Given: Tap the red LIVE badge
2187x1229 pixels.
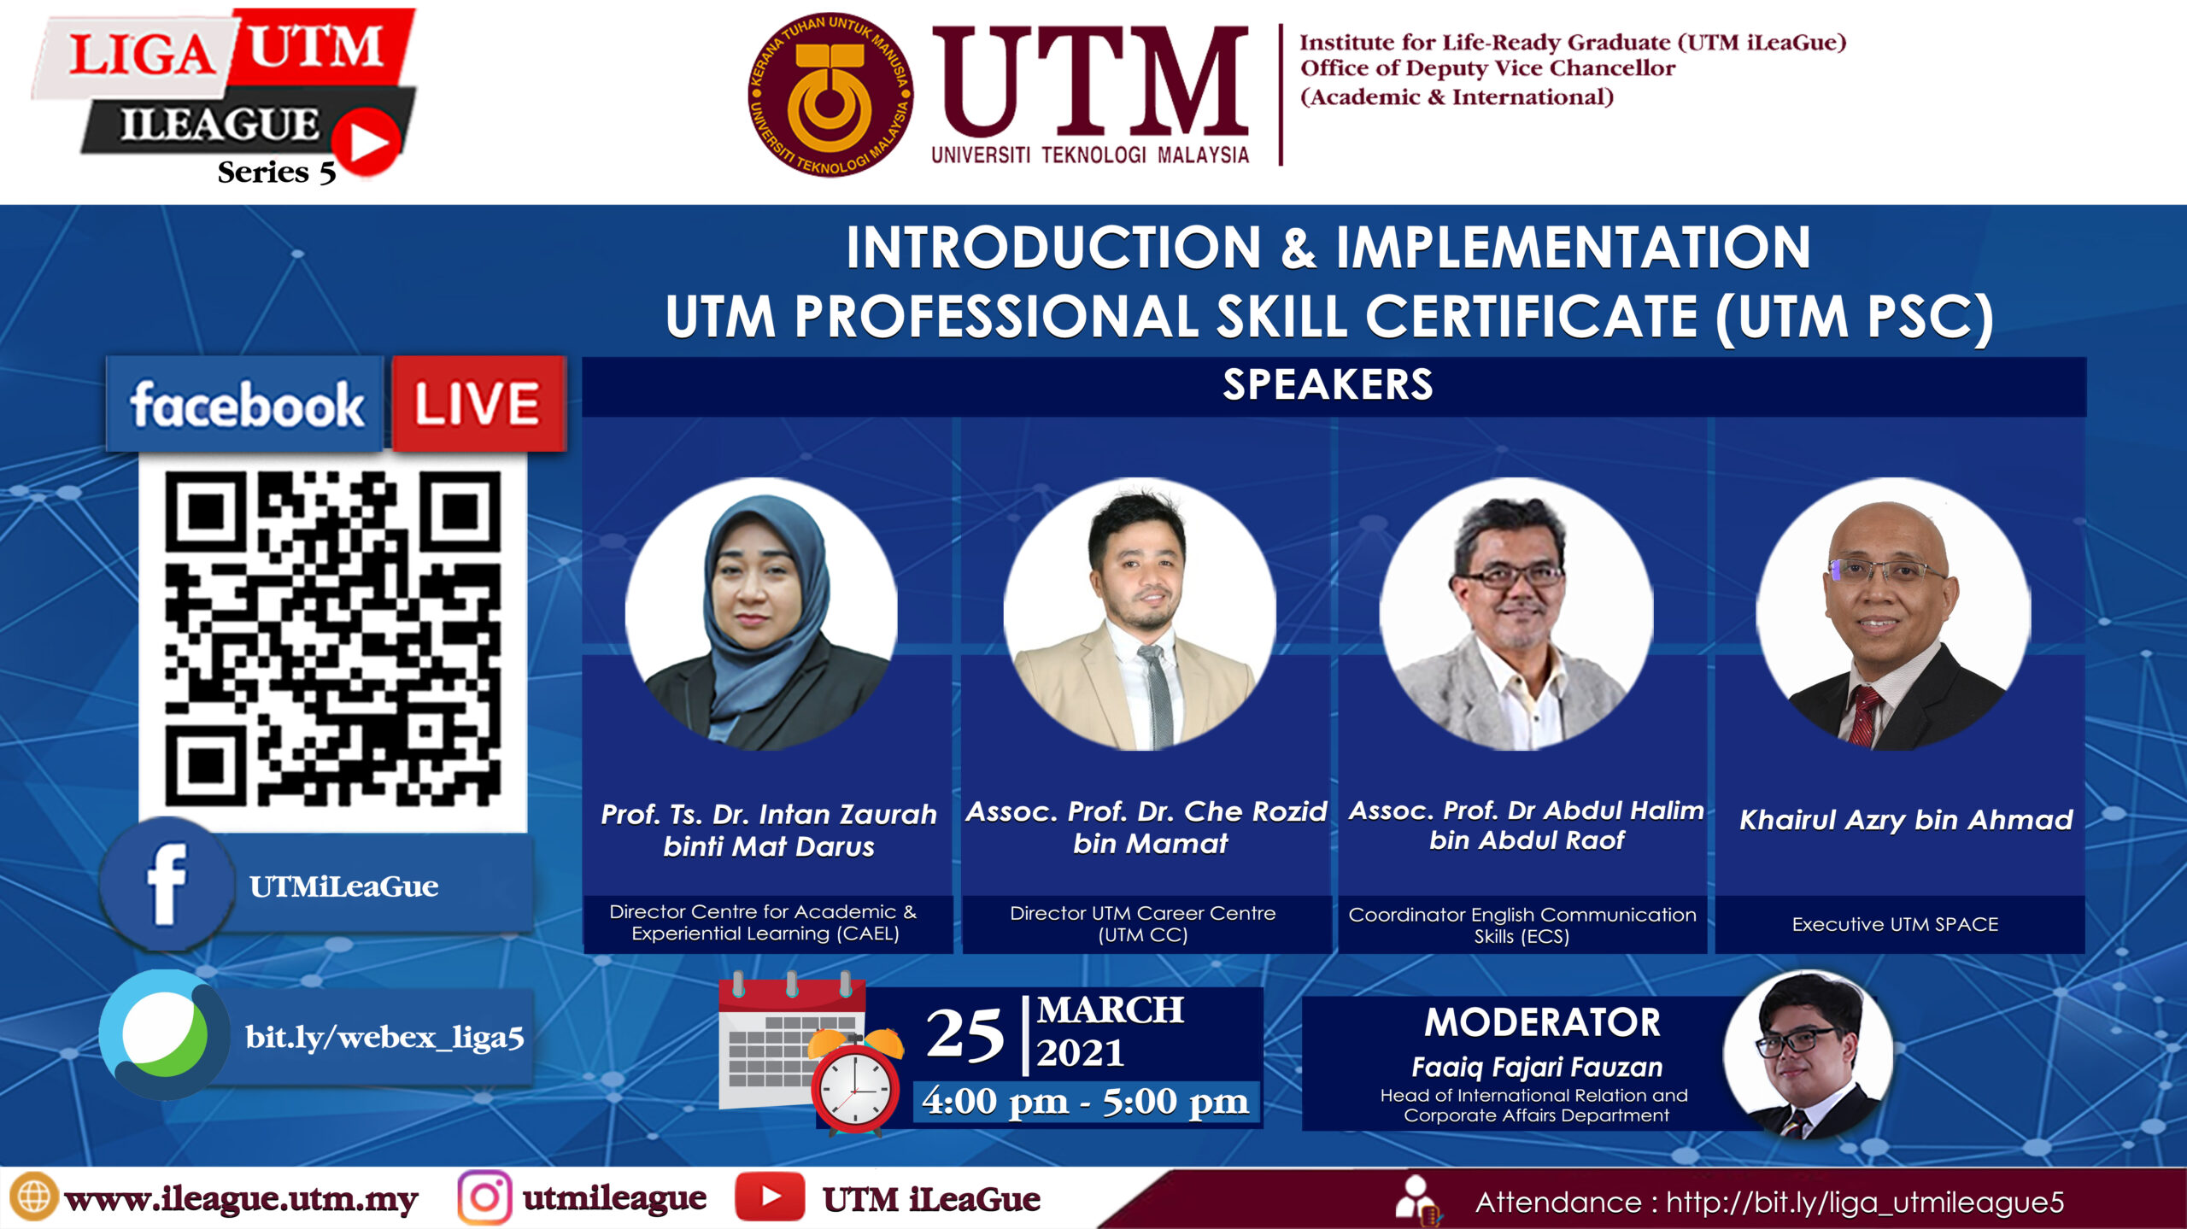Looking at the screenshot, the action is coord(478,403).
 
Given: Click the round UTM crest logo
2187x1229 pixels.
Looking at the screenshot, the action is coord(830,95).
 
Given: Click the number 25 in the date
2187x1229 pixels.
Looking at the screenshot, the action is coord(965,1034).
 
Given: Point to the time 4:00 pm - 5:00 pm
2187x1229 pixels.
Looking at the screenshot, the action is coord(1085,1102).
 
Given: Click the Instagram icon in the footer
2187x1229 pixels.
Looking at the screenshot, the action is coord(484,1197).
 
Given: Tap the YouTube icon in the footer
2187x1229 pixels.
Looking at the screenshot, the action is coord(770,1197).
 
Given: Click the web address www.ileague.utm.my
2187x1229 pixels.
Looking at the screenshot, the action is coord(241,1200).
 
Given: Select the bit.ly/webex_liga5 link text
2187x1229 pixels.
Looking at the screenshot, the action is coord(384,1037).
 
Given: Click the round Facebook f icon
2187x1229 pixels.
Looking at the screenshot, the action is coord(167,885).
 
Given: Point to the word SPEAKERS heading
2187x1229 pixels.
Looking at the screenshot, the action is coord(1328,384).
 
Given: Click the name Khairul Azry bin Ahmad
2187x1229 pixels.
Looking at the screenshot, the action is coord(1906,821).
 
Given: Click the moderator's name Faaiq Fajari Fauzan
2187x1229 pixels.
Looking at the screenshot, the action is coord(1537,1068).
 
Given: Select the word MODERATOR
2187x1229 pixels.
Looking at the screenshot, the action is coord(1543,1022).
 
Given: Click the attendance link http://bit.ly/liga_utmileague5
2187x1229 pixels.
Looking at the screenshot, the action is coord(1865,1203).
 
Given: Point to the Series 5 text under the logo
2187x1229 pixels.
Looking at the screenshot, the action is coord(277,173).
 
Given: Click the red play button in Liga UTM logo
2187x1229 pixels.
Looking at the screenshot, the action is coord(366,142).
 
